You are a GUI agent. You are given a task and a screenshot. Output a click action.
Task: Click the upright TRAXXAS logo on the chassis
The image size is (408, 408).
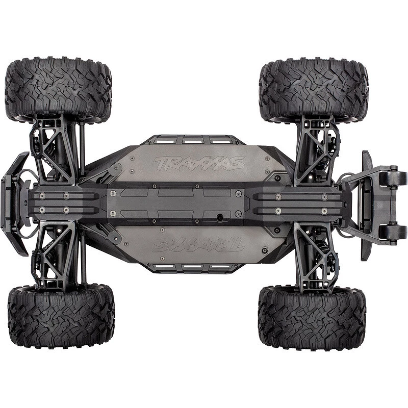199,163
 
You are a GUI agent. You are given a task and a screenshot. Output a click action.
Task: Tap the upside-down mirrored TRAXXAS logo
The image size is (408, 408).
198,245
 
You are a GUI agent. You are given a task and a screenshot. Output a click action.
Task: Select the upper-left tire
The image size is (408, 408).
58,90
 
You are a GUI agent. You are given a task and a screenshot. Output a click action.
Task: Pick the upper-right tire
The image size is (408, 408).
314,90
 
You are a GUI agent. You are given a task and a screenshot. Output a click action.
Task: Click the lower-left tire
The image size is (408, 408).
61,316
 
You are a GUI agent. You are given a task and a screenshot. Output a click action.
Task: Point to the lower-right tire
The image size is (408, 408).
312,318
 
